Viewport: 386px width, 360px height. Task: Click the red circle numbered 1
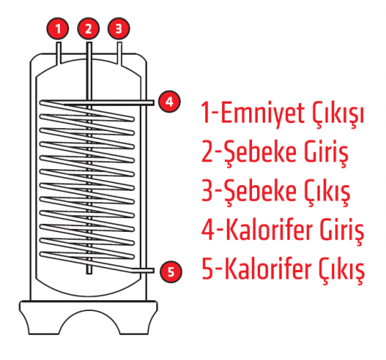58,29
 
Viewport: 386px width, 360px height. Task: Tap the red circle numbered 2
89,29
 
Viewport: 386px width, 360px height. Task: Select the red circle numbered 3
119,29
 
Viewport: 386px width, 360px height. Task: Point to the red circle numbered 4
169,102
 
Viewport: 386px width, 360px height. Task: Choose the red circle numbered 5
171,271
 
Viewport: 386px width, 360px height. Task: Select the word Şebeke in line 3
260,192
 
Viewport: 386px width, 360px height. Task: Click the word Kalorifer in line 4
269,229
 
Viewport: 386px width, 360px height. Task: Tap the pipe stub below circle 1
59,53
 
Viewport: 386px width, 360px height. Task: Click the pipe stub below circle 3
120,53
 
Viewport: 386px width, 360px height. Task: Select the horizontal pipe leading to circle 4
108,103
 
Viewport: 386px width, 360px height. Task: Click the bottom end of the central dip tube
89,273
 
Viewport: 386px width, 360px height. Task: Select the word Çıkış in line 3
327,193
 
